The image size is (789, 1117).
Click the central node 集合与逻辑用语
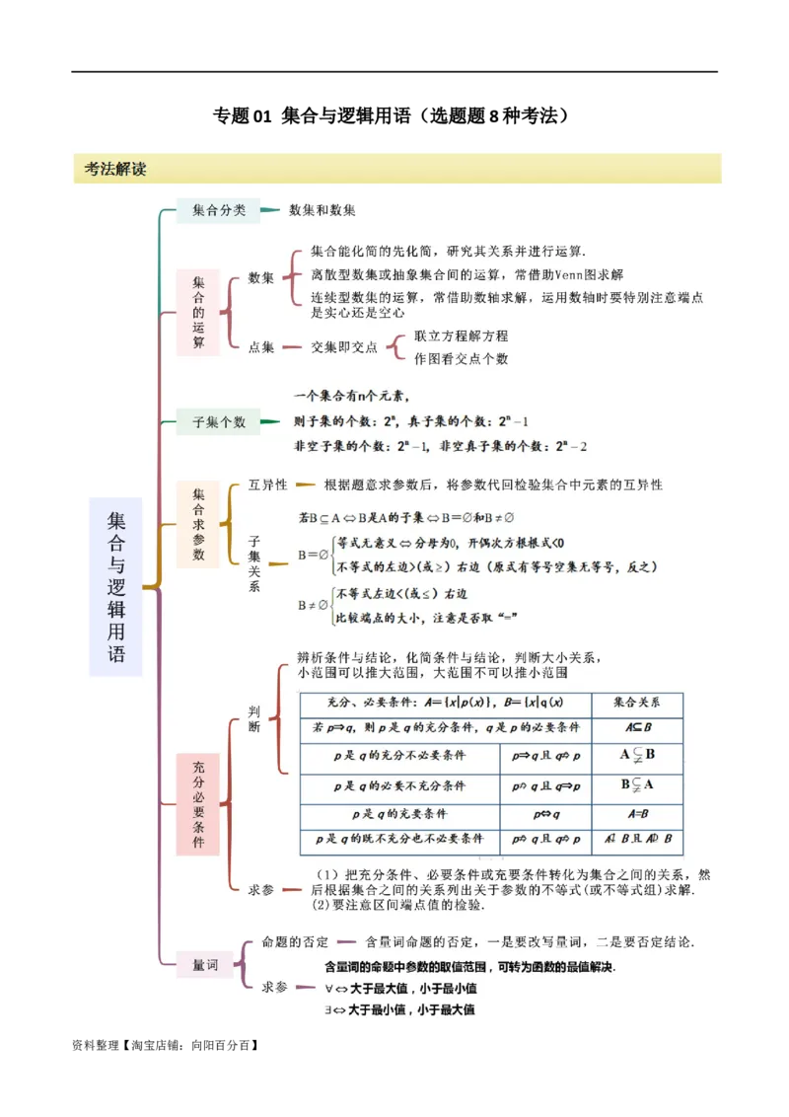[116, 586]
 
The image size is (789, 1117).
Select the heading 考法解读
[115, 169]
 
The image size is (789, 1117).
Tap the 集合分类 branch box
[219, 210]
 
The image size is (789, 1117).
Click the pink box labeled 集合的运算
[198, 312]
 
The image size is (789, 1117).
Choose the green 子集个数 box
[219, 422]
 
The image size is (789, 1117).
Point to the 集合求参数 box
[198, 524]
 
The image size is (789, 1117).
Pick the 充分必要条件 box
[198, 804]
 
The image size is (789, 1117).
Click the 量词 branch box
[205, 964]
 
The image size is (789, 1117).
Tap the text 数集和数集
[323, 210]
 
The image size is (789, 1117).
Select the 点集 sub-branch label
[261, 346]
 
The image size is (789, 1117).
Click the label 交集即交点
[344, 346]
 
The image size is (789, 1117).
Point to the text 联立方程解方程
[462, 335]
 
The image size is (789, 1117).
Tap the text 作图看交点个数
[462, 358]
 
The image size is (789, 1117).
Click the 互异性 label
[268, 484]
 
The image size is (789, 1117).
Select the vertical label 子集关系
[254, 563]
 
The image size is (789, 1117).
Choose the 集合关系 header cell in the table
[636, 703]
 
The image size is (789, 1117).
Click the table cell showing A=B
[636, 814]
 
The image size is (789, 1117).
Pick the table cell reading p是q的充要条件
[399, 814]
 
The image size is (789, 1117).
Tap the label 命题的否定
[296, 941]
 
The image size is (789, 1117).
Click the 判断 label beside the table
[254, 718]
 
